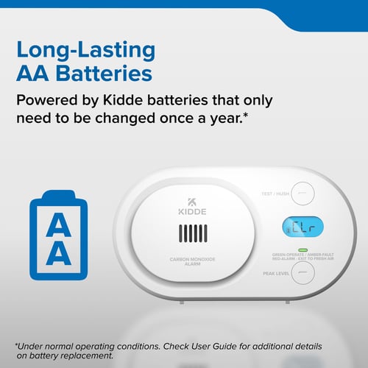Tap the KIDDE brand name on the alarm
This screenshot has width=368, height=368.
tap(191, 213)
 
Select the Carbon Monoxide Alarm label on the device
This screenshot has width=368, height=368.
tap(191, 261)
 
